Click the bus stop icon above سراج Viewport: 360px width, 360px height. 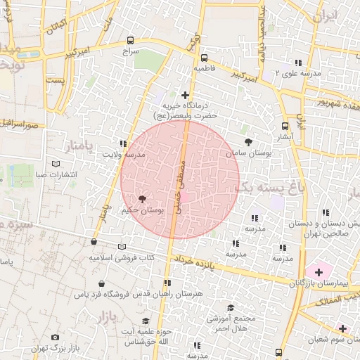pos(130,41)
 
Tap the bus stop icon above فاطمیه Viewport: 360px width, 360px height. pos(204,58)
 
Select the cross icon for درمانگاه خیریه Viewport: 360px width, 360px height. pos(185,94)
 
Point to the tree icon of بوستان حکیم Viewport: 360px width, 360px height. pos(143,200)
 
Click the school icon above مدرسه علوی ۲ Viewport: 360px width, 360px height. pos(298,63)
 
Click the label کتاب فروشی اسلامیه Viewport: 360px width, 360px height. pos(121,258)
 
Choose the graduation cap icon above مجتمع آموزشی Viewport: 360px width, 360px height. pos(231,307)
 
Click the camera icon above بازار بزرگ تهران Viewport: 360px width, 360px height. pos(56,337)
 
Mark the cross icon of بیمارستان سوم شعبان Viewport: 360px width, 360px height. pos(342,328)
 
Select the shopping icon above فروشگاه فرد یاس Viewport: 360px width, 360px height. pos(103,283)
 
